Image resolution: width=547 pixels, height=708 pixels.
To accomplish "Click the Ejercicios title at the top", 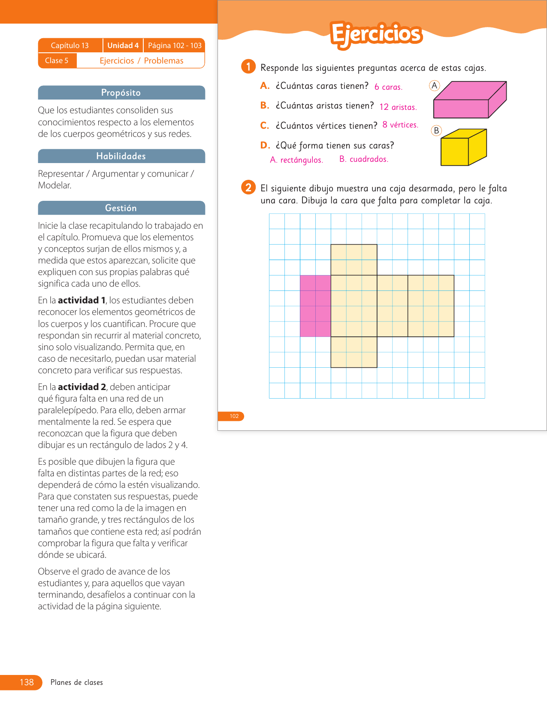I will point(376,34).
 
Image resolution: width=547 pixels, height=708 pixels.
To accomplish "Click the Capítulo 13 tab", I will point(70,45).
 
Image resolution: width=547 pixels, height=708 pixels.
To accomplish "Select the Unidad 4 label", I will point(123,45).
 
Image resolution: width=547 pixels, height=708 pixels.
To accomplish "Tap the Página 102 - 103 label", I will point(175,45).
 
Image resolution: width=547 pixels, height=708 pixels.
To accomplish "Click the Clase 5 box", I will point(57,61).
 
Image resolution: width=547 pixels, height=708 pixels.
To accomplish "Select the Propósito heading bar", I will point(121,93).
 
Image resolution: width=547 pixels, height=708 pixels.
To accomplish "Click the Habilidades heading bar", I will point(121,156).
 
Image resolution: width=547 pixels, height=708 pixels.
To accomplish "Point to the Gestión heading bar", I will point(121,208).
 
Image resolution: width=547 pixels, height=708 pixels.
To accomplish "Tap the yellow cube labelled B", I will point(463,148).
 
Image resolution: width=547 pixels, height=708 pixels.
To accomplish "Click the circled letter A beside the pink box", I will point(435,85).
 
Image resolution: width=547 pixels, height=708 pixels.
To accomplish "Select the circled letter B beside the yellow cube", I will point(436,130).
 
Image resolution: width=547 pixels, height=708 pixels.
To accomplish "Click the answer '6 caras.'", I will point(388,87).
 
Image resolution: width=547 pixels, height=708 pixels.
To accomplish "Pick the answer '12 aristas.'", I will point(398,107).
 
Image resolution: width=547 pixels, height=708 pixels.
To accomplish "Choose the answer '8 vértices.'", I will point(400,125).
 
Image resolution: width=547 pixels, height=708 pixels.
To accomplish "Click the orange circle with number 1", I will point(248,67).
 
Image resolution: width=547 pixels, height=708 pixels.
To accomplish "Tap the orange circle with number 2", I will point(248,188).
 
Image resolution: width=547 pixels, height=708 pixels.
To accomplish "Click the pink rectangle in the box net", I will point(315,306).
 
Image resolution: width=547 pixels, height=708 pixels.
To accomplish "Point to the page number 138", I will point(27,682).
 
